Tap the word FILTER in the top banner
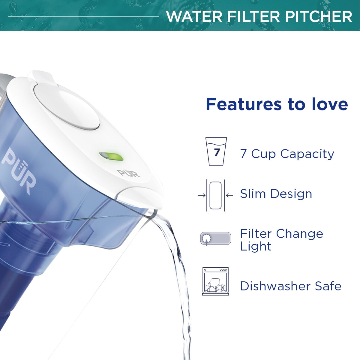253,16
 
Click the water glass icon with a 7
216,151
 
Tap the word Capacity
307,154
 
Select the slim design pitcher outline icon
216,195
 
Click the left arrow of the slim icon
202,196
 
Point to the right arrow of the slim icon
229,196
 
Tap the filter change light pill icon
216,238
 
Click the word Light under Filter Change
256,246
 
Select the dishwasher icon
216,281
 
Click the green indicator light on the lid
112,157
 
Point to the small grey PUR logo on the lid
128,173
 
